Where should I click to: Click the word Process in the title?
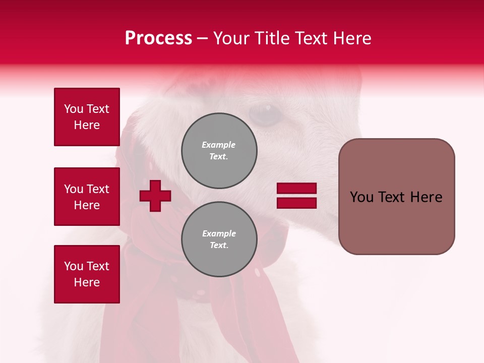[x=158, y=38]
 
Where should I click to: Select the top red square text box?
[x=87, y=117]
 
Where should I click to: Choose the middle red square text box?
[x=87, y=197]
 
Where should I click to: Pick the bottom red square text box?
[x=87, y=274]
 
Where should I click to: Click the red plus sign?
[x=155, y=196]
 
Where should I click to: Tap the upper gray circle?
[x=219, y=150]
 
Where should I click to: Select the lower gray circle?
[x=219, y=239]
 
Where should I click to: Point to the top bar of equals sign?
[x=296, y=189]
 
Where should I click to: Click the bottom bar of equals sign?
[x=296, y=203]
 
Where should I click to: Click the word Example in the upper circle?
[x=219, y=145]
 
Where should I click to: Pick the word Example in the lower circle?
[x=219, y=233]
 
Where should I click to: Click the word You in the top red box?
[x=73, y=109]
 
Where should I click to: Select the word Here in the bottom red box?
[x=87, y=282]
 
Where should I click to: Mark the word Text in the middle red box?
[x=98, y=189]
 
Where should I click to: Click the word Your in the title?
[x=231, y=38]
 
